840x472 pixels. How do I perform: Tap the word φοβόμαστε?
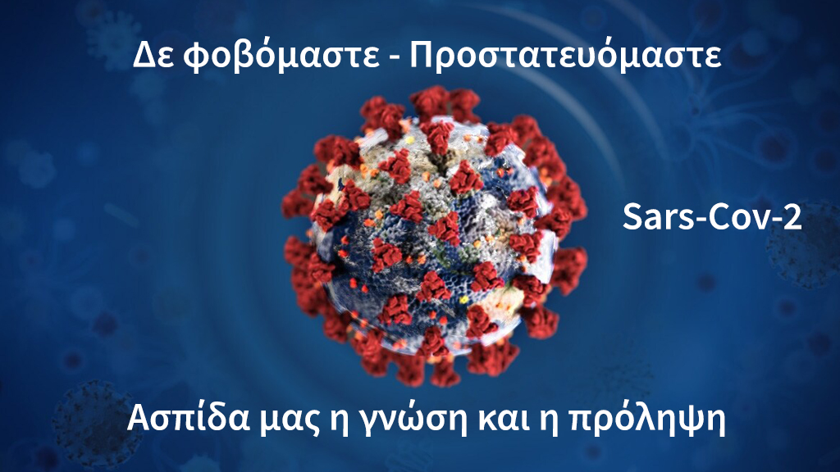click(x=281, y=56)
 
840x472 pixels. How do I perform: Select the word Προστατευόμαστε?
click(x=565, y=56)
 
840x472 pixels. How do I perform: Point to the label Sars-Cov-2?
click(x=712, y=217)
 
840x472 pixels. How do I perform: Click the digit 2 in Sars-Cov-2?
click(x=792, y=217)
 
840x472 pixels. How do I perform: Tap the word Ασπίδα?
click(x=189, y=418)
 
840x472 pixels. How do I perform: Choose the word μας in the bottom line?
click(x=289, y=422)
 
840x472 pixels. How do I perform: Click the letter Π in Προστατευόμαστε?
click(x=422, y=55)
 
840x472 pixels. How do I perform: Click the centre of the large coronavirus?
click(x=434, y=235)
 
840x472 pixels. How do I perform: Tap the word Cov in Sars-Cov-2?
click(x=741, y=217)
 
